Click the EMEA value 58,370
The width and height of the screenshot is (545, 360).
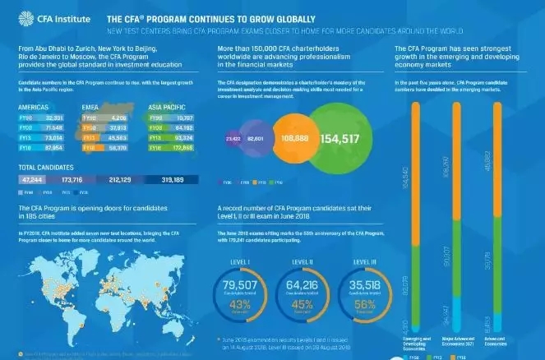(x=119, y=148)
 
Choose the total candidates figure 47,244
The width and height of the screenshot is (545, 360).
(x=33, y=178)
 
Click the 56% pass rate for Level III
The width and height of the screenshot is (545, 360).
(x=363, y=304)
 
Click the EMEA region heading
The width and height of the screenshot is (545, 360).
(x=90, y=107)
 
